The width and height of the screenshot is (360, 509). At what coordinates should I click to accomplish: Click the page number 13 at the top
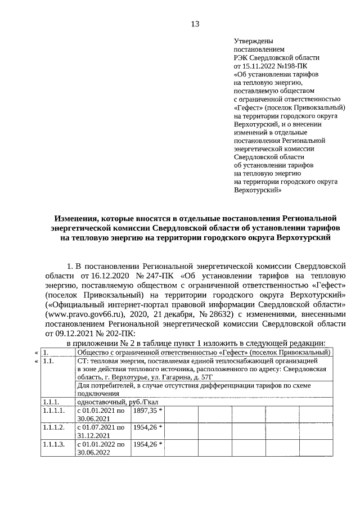[195, 24]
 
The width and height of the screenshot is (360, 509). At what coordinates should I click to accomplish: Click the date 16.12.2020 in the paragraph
[110, 276]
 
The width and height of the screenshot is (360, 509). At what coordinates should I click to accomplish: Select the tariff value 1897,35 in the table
[145, 411]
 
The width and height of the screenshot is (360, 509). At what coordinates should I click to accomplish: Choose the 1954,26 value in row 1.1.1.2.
[145, 427]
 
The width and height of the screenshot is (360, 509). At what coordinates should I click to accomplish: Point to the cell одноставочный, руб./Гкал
[110, 402]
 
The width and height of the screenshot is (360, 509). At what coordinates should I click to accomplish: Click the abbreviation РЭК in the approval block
[241, 57]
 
